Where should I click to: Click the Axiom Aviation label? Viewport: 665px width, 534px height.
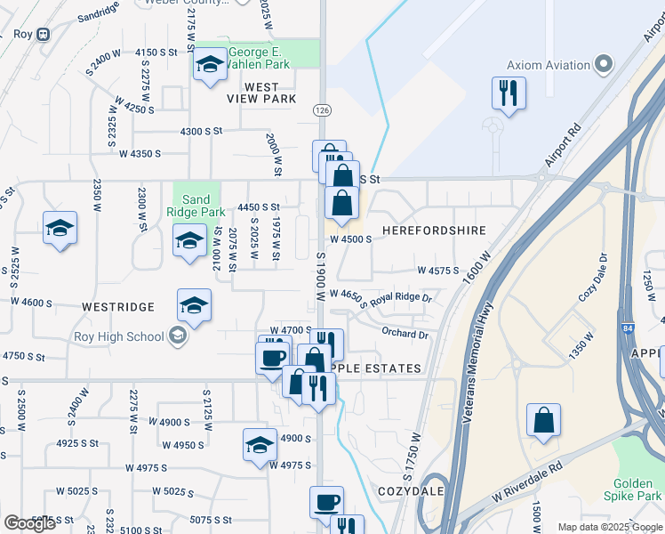549,65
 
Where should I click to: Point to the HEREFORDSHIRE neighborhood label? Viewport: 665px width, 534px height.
434,231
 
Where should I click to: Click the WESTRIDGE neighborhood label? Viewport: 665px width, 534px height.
117,307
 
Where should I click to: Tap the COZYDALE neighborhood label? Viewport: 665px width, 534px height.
411,491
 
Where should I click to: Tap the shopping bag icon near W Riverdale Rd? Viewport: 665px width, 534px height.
543,421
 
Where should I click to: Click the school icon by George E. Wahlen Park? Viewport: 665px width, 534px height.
211,65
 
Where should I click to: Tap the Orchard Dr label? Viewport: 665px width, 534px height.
405,335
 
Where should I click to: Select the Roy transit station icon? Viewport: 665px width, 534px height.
44,35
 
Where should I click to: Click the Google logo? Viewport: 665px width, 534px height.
29,523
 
